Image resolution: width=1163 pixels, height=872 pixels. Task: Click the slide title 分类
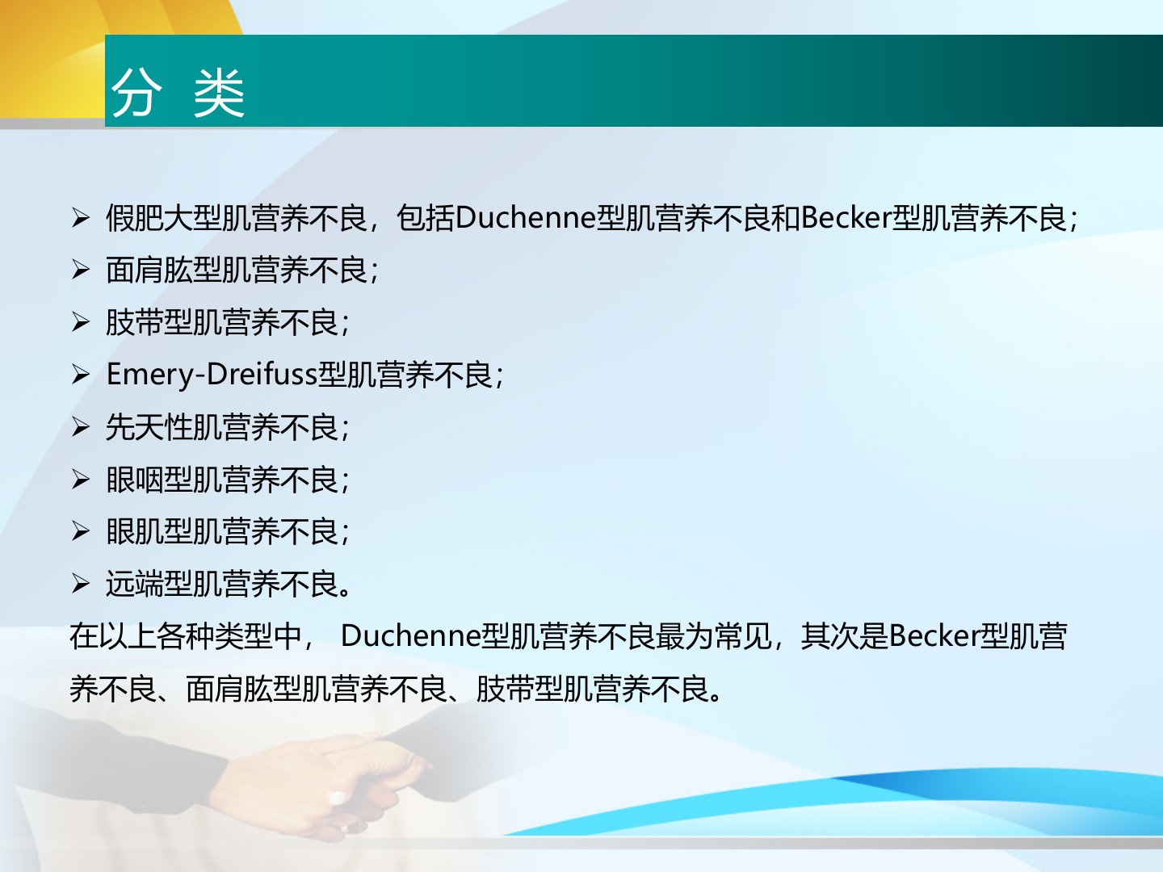pos(178,93)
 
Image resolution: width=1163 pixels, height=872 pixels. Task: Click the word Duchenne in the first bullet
pos(526,218)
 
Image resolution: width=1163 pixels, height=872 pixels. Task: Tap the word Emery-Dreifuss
pos(212,375)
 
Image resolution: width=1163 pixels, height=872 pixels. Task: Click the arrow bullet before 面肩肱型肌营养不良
pos(81,270)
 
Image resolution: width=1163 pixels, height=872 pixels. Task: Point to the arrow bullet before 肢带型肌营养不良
pos(81,322)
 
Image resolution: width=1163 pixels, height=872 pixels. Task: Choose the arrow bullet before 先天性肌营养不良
pos(81,427)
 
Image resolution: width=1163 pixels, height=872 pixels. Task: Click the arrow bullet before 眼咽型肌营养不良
pos(81,479)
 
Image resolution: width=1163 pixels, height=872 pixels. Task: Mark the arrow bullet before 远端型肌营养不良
pos(81,584)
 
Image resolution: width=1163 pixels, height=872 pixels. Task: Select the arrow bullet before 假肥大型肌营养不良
pos(81,218)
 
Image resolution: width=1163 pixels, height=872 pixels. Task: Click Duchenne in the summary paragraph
pos(410,636)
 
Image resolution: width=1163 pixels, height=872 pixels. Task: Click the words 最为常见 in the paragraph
pos(714,636)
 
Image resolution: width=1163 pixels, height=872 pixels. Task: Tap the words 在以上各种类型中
pos(186,636)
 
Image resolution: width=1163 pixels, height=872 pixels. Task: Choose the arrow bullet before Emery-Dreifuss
pos(81,375)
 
